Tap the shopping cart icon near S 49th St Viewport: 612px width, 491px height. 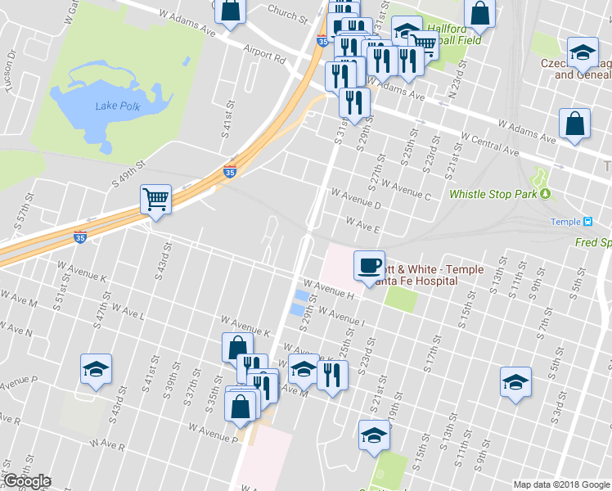click(155, 198)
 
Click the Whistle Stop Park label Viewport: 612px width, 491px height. click(493, 195)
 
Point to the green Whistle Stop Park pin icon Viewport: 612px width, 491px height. click(545, 195)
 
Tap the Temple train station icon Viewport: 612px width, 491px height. click(587, 222)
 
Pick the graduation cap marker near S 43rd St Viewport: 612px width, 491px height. click(96, 369)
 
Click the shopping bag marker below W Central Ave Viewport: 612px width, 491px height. click(575, 124)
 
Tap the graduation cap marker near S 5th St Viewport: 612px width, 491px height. click(515, 382)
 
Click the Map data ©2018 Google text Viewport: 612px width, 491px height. click(560, 484)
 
